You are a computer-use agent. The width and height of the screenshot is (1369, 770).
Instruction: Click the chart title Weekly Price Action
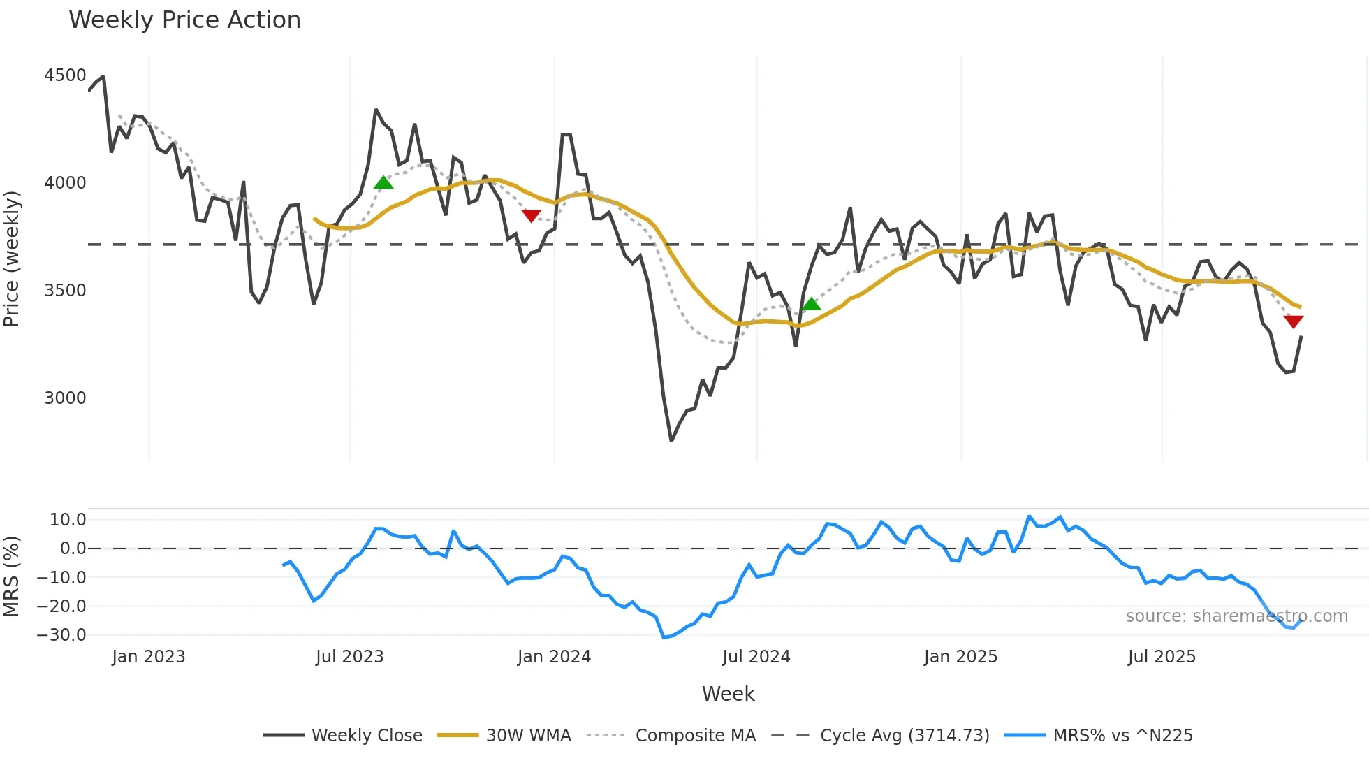[184, 20]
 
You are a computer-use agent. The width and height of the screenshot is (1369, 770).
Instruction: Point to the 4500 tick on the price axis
[65, 75]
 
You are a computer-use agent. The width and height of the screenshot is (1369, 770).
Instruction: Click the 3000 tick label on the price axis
[65, 398]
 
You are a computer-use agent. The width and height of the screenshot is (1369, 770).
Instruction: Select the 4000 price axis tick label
[65, 183]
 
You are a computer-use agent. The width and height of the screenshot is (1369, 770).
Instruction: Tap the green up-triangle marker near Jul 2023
[383, 183]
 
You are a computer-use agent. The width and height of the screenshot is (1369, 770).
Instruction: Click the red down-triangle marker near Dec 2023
[531, 216]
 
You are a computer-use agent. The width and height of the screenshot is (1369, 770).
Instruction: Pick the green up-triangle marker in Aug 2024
[811, 304]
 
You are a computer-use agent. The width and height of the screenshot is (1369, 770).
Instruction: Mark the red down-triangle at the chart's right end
[1293, 321]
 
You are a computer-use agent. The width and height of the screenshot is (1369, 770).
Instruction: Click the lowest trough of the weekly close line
[671, 440]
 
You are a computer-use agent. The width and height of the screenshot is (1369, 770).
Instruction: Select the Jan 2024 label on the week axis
[554, 657]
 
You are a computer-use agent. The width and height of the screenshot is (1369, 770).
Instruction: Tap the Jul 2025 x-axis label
[1162, 657]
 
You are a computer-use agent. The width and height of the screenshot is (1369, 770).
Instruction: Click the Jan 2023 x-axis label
[148, 657]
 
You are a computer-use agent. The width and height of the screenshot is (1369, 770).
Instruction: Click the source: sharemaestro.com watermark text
[1236, 616]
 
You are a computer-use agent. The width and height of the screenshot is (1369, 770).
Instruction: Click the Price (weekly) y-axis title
[12, 259]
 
